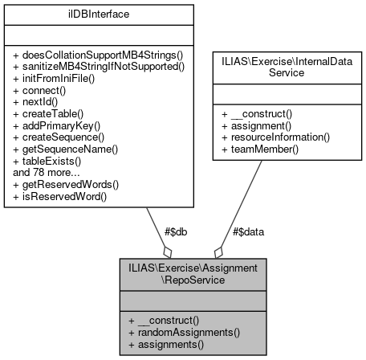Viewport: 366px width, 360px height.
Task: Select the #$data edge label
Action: (x=249, y=231)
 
